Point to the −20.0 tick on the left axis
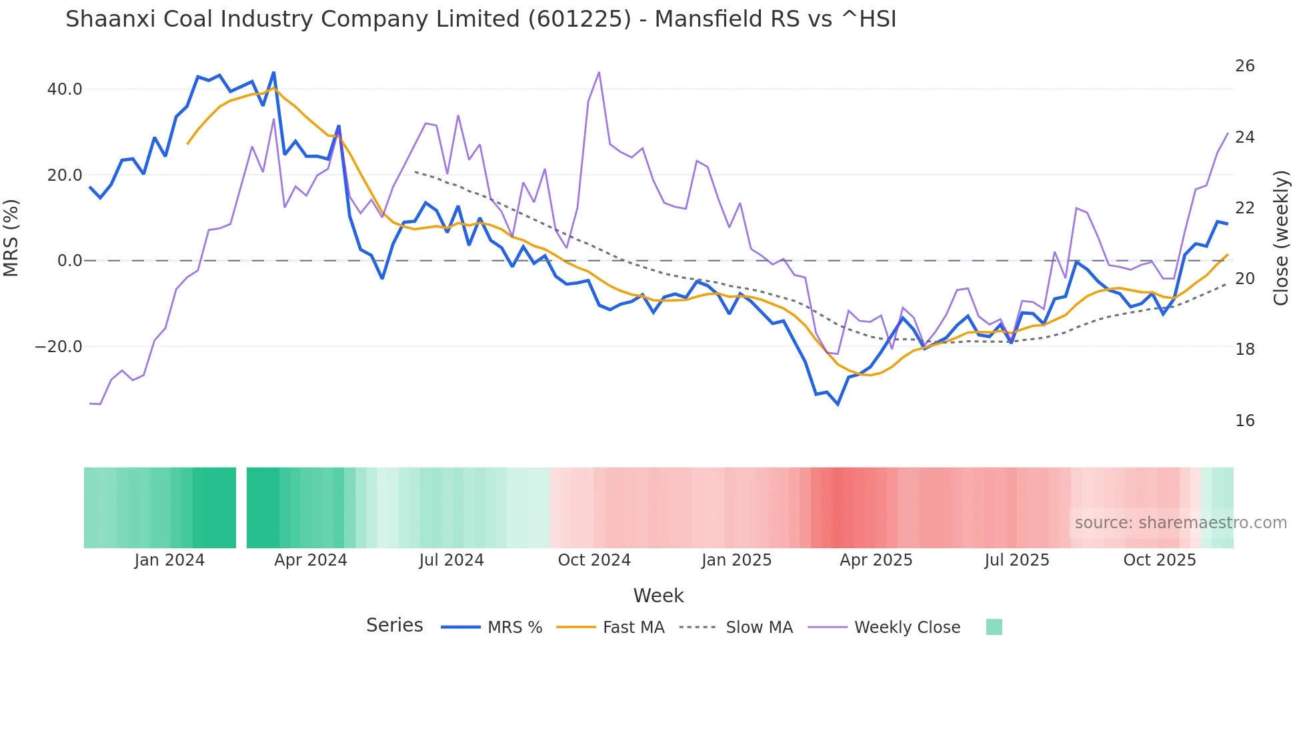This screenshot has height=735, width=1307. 59,347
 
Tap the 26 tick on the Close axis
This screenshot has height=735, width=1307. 1244,66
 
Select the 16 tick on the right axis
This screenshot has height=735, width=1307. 1244,421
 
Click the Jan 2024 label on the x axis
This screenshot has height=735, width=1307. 169,560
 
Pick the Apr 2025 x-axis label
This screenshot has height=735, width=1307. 876,560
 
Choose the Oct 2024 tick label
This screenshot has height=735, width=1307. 593,560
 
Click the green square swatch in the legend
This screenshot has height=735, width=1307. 994,627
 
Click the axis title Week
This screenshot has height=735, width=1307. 658,596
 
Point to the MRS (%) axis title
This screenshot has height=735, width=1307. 11,238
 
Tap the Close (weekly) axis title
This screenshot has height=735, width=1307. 1280,238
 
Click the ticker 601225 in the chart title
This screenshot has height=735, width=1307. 579,19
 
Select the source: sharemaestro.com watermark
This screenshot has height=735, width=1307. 1180,523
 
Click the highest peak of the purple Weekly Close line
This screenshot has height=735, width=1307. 599,72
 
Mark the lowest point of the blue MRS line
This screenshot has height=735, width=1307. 838,404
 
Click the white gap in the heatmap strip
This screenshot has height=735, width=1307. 241,508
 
